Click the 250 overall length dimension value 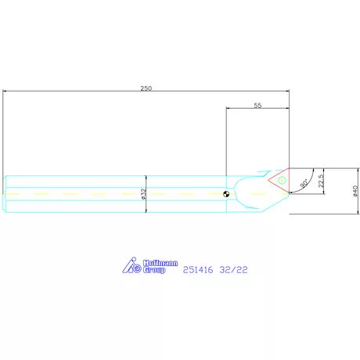coord(146,88)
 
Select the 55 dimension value coord(257,106)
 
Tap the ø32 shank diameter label coord(143,194)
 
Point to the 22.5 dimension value coord(321,181)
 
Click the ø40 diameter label coord(355,191)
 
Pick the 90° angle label coord(304,183)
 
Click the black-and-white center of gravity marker coord(226,194)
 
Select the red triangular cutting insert coord(279,181)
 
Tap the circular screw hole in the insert coord(281,180)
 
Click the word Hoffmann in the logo coord(160,263)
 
